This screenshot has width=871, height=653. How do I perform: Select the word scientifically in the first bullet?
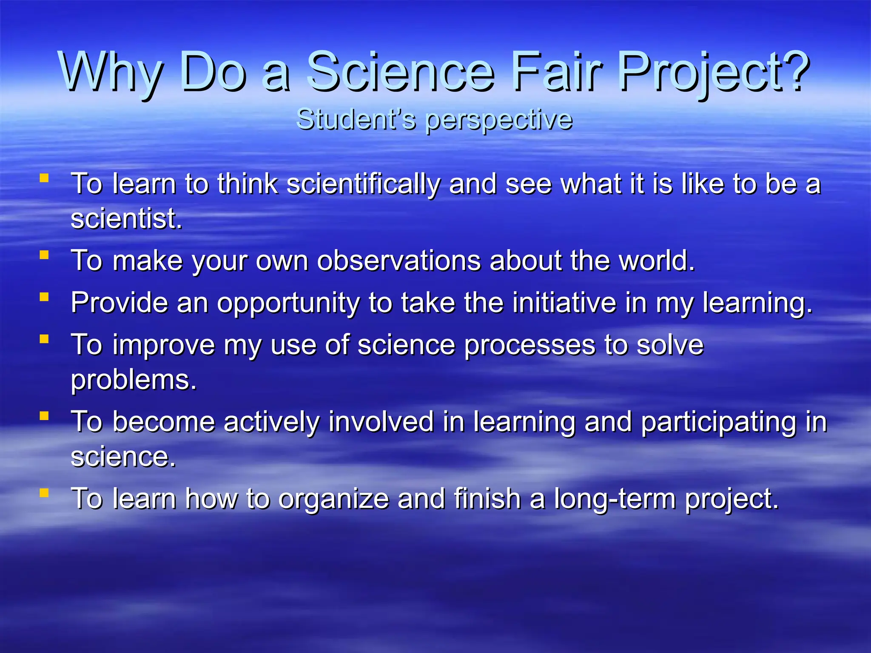pos(363,185)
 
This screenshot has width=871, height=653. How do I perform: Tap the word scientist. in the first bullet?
pos(126,219)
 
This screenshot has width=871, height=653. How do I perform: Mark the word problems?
pos(134,380)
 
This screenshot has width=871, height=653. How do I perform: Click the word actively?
pos(271,422)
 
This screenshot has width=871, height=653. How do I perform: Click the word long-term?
pos(615,499)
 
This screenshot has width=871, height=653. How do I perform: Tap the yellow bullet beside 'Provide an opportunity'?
pos(44,296)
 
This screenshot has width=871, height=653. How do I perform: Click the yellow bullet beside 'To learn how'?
pos(44,493)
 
